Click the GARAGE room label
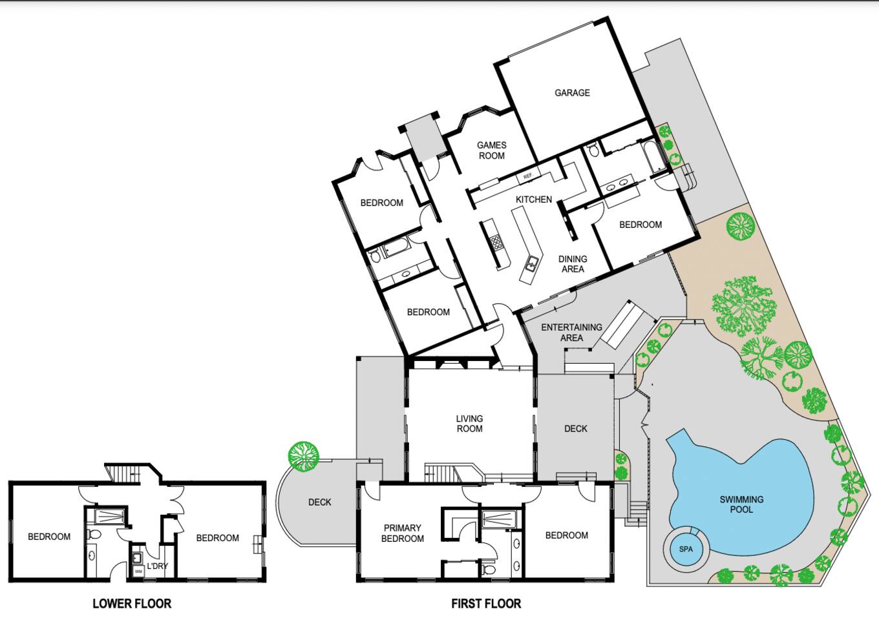pos(572,93)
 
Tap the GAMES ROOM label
pos(492,150)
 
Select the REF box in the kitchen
pos(528,176)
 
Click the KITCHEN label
pos(534,199)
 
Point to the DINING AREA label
pos(573,264)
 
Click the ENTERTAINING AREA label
pos(571,332)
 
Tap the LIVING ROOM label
pos(469,424)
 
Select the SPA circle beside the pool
pos(686,549)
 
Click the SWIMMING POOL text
pos(741,504)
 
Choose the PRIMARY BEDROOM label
pos(402,533)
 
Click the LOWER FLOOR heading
pos(132,603)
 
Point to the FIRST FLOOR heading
pos(486,603)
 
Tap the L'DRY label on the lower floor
pos(157,566)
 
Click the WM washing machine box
pos(138,572)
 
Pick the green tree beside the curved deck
pos(303,456)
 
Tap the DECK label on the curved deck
pos(319,502)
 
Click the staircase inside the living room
pos(442,473)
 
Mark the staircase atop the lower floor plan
pos(122,473)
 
